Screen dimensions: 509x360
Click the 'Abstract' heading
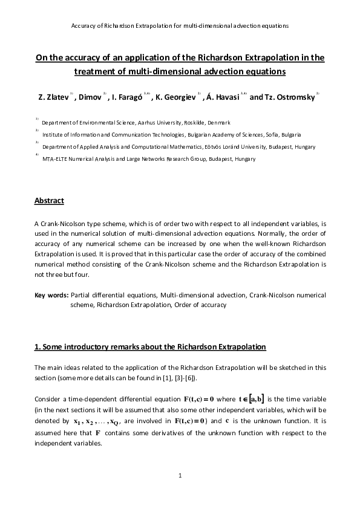49,201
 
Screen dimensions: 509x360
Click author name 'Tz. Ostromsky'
289,97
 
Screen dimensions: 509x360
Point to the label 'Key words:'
51,295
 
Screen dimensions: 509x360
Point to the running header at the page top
180,26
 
